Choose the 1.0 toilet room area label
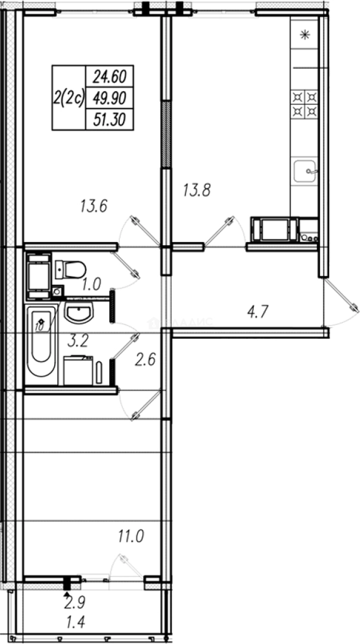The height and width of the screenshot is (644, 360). tap(91, 284)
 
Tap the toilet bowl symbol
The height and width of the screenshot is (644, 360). tap(70, 270)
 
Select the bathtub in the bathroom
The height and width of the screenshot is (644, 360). tap(41, 345)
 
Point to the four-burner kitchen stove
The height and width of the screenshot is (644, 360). tap(305, 103)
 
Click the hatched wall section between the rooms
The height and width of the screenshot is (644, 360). tap(166, 134)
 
